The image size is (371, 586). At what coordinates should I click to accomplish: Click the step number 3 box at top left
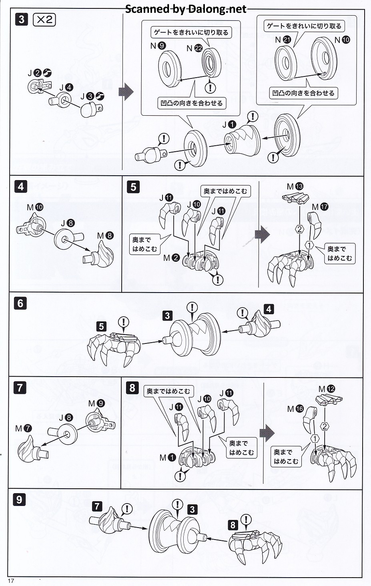(21, 20)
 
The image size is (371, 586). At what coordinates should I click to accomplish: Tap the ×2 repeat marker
(44, 20)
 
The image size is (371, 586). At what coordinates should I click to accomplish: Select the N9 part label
(158, 46)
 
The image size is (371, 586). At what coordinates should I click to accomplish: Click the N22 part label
(195, 48)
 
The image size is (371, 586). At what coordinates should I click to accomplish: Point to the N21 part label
(283, 40)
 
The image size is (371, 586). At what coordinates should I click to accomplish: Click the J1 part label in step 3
(229, 125)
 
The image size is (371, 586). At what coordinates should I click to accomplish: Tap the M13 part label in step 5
(295, 187)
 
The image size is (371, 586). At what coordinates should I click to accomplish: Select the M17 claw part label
(320, 207)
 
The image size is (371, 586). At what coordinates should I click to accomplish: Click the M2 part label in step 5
(171, 258)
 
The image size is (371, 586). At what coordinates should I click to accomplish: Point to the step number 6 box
(21, 303)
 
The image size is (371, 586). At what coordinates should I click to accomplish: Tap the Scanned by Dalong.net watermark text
(186, 9)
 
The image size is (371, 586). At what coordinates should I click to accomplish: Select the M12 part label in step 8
(327, 389)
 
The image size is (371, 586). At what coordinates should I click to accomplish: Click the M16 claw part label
(295, 409)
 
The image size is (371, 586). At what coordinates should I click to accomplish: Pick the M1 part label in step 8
(167, 457)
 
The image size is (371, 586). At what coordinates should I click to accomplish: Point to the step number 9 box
(20, 500)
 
